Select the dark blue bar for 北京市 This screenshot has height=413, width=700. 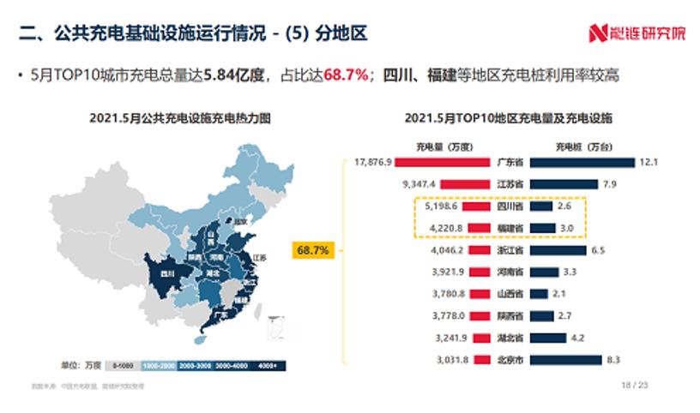[x=567, y=359]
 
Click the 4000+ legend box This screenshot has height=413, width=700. [x=269, y=366]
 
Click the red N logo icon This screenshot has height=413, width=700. [x=597, y=33]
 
